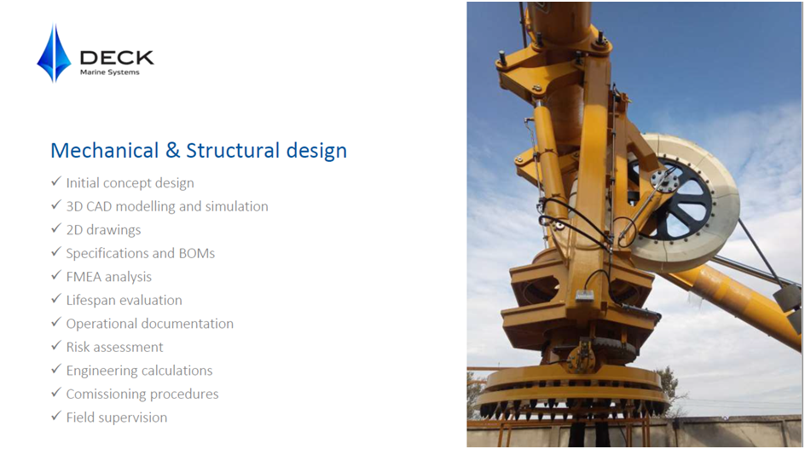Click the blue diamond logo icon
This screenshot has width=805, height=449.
[54, 53]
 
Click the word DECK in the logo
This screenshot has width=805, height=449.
[117, 58]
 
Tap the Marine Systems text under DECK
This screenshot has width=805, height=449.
[110, 72]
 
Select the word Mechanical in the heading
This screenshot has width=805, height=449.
[105, 151]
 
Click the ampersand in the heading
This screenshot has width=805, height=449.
[172, 150]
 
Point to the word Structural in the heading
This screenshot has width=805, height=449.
[233, 150]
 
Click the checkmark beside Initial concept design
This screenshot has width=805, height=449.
[56, 181]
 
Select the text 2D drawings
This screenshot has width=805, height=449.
[103, 230]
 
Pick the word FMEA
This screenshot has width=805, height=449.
[84, 277]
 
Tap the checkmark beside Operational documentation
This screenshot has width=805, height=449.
[56, 322]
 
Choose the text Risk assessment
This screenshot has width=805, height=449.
[114, 348]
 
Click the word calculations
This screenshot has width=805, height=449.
[177, 371]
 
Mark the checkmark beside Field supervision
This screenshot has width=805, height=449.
[56, 416]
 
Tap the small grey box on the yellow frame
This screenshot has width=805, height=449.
[585, 296]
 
